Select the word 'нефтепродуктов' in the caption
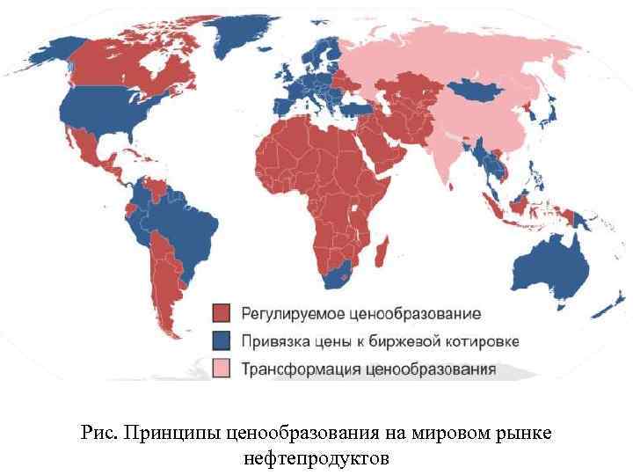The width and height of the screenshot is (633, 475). click(316, 458)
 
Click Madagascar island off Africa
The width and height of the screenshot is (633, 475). click(382, 255)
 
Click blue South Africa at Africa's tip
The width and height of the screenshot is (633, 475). click(338, 275)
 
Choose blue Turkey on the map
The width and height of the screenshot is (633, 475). click(362, 107)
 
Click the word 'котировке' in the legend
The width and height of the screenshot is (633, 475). click(480, 341)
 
